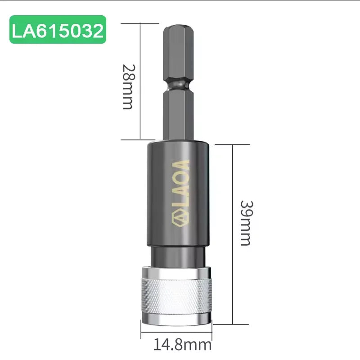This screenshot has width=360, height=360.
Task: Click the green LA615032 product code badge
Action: tap(58, 30)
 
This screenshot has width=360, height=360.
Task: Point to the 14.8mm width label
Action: tap(182, 345)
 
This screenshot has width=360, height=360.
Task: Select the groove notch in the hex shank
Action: tap(179, 84)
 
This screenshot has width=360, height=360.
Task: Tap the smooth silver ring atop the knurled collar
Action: tap(177, 271)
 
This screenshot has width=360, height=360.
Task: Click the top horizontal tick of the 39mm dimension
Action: tap(232, 144)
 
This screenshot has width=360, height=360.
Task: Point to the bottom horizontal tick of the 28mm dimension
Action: tap(135, 139)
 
